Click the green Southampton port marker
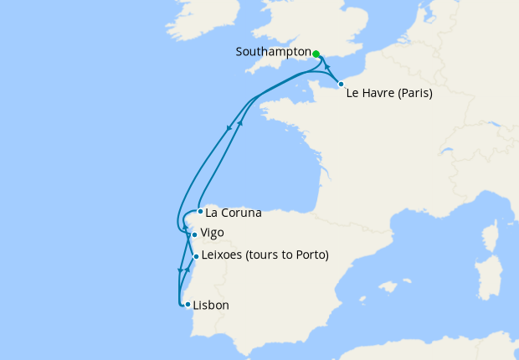(316, 53)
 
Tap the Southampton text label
(274, 52)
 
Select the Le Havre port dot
(341, 84)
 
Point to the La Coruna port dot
(199, 211)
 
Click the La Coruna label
(234, 213)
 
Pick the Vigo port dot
(194, 234)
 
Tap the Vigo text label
(213, 233)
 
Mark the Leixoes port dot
(196, 256)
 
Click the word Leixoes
(224, 255)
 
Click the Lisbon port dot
(187, 304)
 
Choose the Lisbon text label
(210, 306)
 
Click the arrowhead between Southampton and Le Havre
(327, 67)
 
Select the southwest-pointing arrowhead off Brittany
(229, 128)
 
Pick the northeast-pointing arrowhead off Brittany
(241, 123)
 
